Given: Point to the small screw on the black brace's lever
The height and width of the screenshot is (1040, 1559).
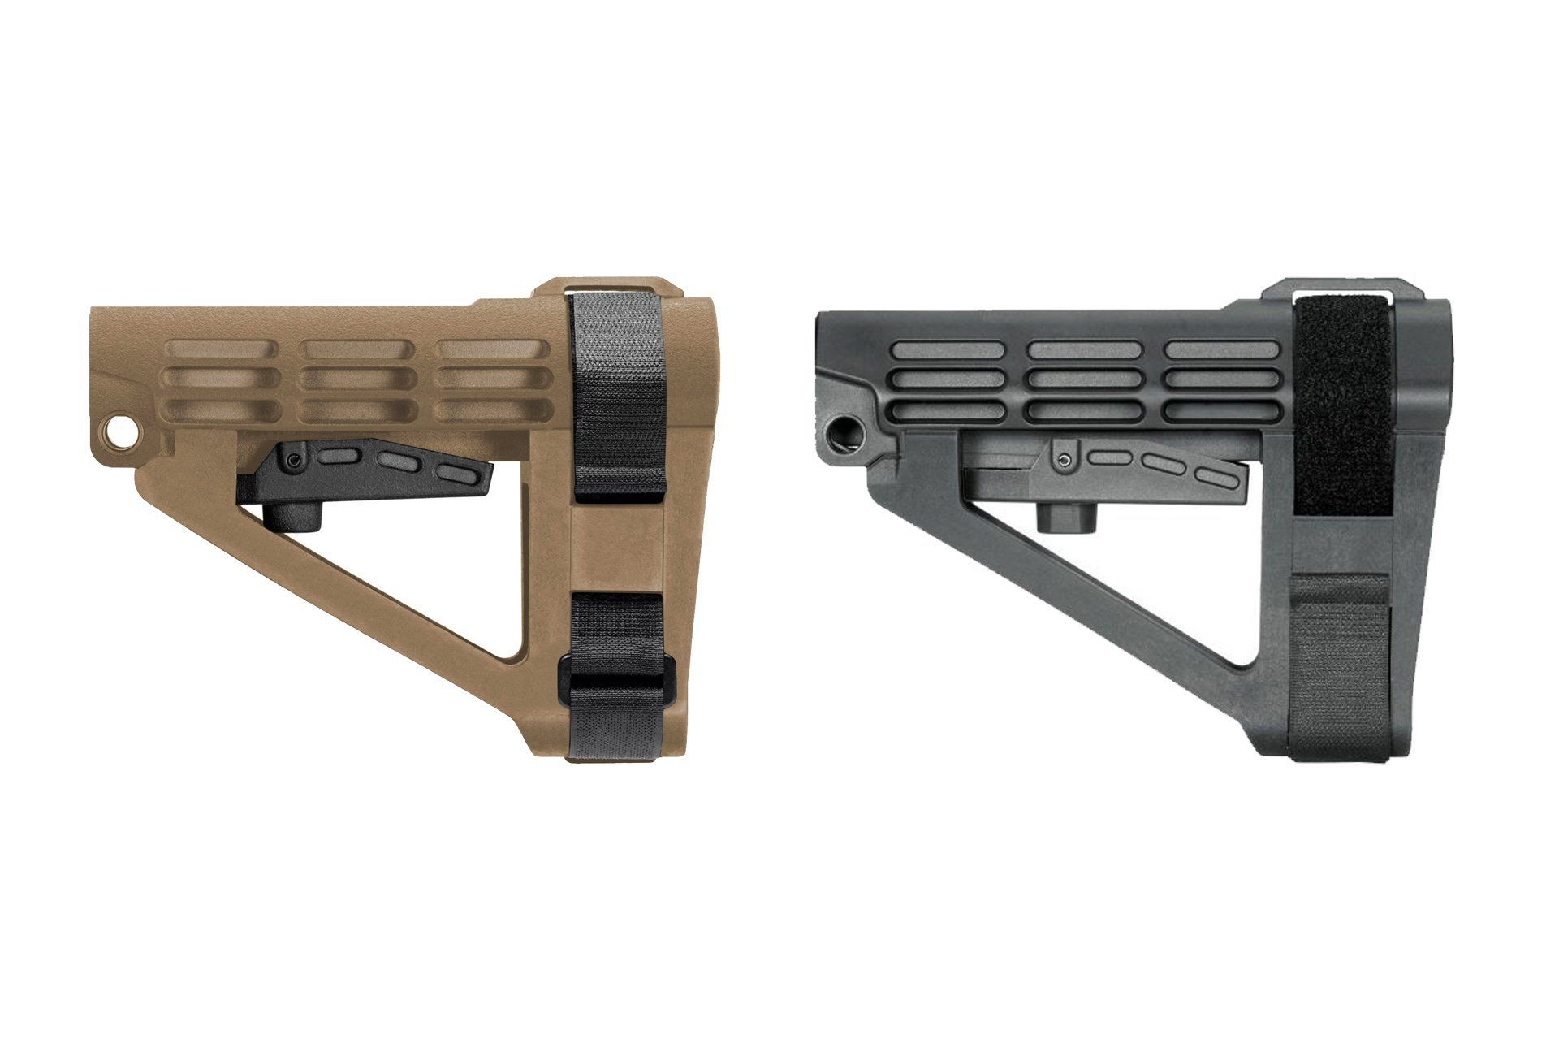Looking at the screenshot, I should [1064, 460].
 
